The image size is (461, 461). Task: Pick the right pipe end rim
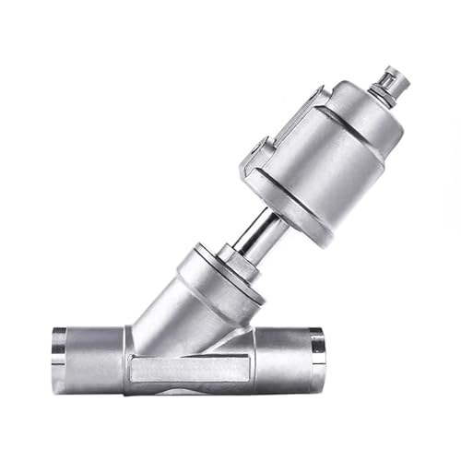point(319,350)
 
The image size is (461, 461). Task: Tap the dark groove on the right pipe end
point(309,350)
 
